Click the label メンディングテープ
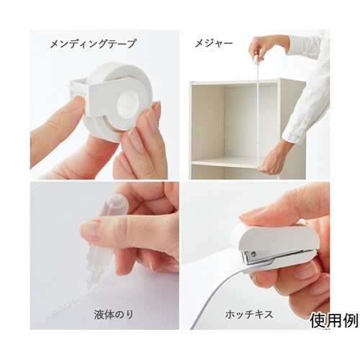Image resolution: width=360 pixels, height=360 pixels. click(93, 44)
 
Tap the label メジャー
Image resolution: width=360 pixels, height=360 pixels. click(214, 43)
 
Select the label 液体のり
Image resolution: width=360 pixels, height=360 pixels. click(114, 314)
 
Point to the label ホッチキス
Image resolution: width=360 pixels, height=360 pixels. click(249, 314)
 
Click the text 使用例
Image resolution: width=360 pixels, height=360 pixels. click(334, 320)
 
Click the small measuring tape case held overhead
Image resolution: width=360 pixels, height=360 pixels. click(256, 59)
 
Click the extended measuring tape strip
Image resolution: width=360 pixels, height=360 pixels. click(258, 113)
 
